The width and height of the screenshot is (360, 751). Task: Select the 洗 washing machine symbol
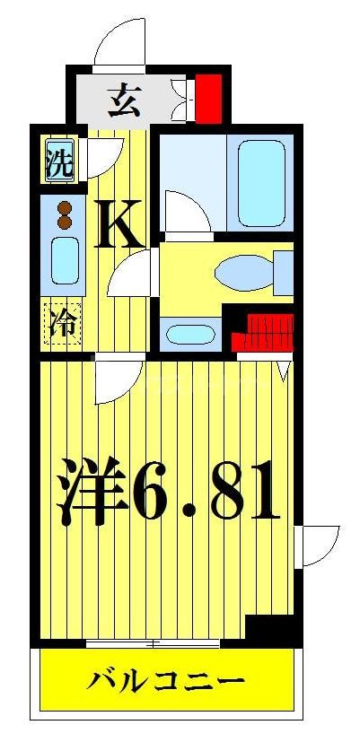60,162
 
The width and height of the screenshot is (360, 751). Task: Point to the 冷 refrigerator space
62,320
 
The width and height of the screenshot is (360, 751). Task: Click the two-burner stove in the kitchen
63,215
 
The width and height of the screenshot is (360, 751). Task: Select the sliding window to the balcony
153,643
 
